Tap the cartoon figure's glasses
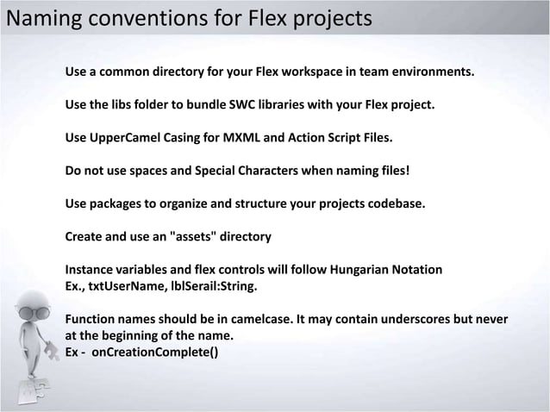pyautogui.click(x=34, y=312)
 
